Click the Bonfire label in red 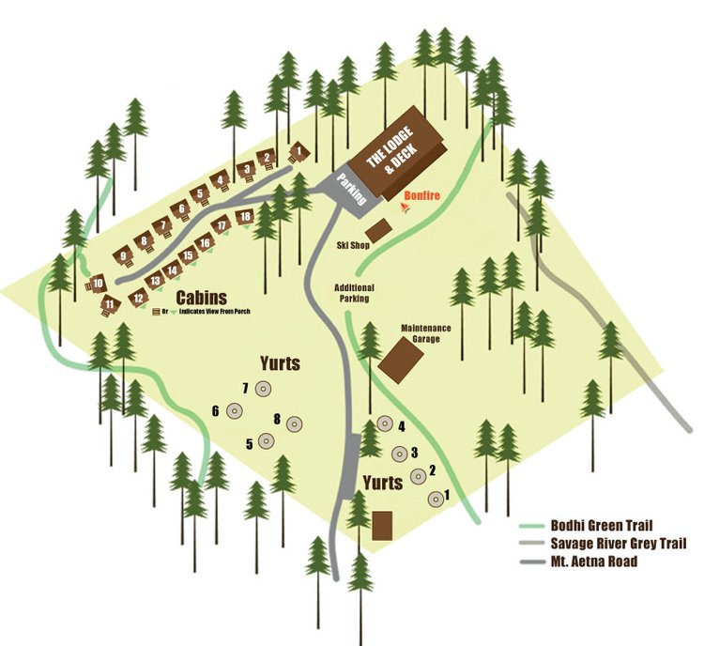[x=421, y=197]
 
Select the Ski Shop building [x=377, y=229]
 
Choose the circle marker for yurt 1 [x=436, y=499]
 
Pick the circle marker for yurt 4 [x=383, y=428]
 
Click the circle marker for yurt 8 [x=295, y=423]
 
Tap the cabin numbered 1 [x=299, y=150]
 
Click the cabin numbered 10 [x=97, y=283]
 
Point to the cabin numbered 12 [x=138, y=298]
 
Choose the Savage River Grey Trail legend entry [x=620, y=544]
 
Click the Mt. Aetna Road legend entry [x=597, y=561]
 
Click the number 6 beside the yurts [x=215, y=410]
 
